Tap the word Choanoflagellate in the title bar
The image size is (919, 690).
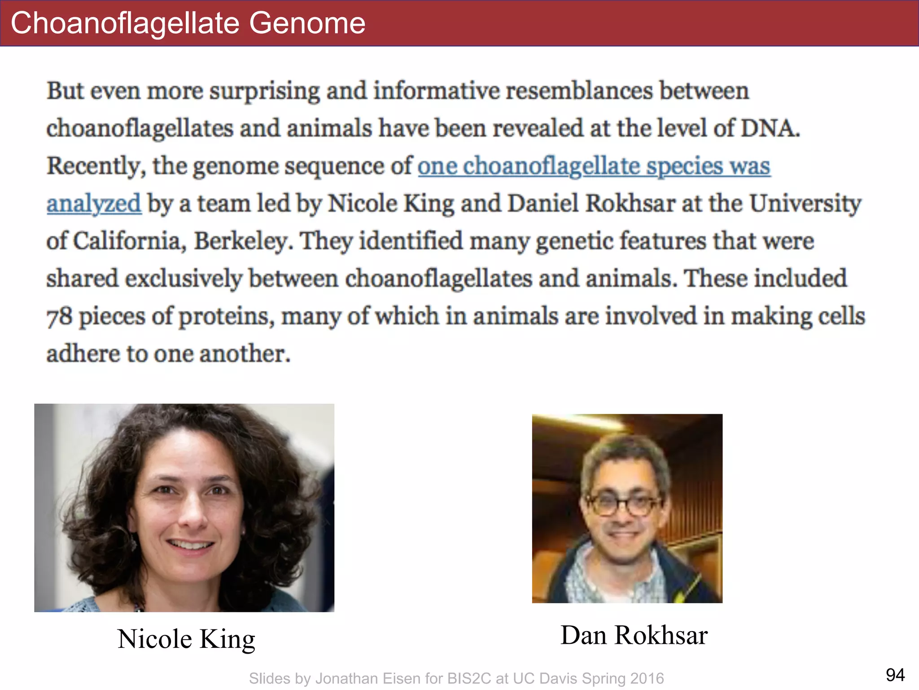[x=125, y=23]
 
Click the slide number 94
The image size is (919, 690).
[x=895, y=675]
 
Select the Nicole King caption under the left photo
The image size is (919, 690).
[x=186, y=639]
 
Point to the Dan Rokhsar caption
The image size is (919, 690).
[x=634, y=635]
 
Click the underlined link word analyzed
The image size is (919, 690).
[x=94, y=203]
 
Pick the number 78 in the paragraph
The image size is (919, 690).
[x=59, y=316]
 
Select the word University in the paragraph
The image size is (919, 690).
[x=805, y=203]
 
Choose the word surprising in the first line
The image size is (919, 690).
[x=265, y=91]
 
